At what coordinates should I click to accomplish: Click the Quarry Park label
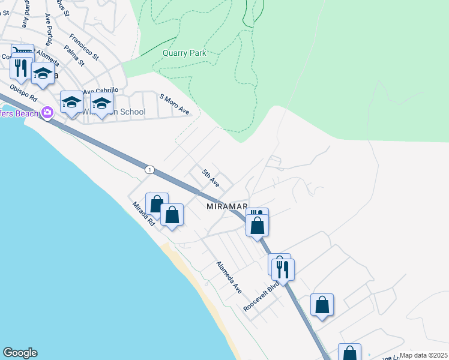pos(184,53)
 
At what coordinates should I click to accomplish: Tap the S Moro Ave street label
pos(174,104)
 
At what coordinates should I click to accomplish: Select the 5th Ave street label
pos(211,178)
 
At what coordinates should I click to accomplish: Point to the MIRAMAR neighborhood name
pos(227,206)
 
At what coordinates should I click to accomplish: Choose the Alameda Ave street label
pos(229,277)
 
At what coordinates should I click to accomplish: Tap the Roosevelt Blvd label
pos(259,295)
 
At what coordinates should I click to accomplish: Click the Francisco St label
pos(83,46)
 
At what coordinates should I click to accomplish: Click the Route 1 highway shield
pos(149,170)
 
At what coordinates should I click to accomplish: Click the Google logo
pos(20,353)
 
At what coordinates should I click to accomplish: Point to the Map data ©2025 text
pos(423,355)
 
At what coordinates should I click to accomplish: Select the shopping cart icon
pos(21,52)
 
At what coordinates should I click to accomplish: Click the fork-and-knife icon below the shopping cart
pos(22,67)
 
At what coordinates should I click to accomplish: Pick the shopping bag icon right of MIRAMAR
pos(258,226)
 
